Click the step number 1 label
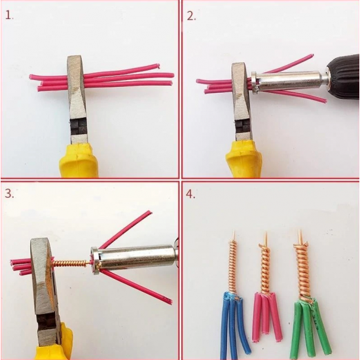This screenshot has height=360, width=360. (x=9, y=15)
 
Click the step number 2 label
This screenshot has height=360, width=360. (x=191, y=16)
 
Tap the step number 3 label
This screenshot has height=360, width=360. (x=9, y=193)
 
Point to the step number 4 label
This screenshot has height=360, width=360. (x=190, y=194)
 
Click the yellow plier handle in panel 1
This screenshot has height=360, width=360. (x=79, y=161)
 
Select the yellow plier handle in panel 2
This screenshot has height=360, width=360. (x=246, y=160)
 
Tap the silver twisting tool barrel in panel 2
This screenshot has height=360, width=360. (x=289, y=82)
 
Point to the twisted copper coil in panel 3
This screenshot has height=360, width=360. (x=70, y=263)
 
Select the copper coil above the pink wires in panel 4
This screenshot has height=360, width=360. (x=264, y=268)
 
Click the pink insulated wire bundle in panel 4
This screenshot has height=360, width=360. (x=268, y=317)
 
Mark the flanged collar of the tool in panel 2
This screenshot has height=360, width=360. (x=255, y=82)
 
